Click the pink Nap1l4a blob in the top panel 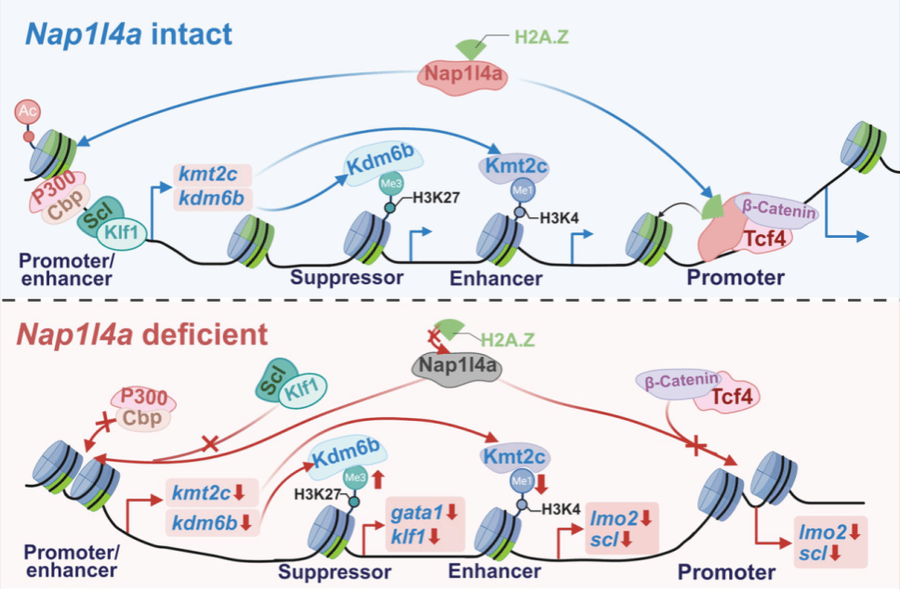465,74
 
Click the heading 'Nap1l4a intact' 129,35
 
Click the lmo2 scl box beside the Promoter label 827,541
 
